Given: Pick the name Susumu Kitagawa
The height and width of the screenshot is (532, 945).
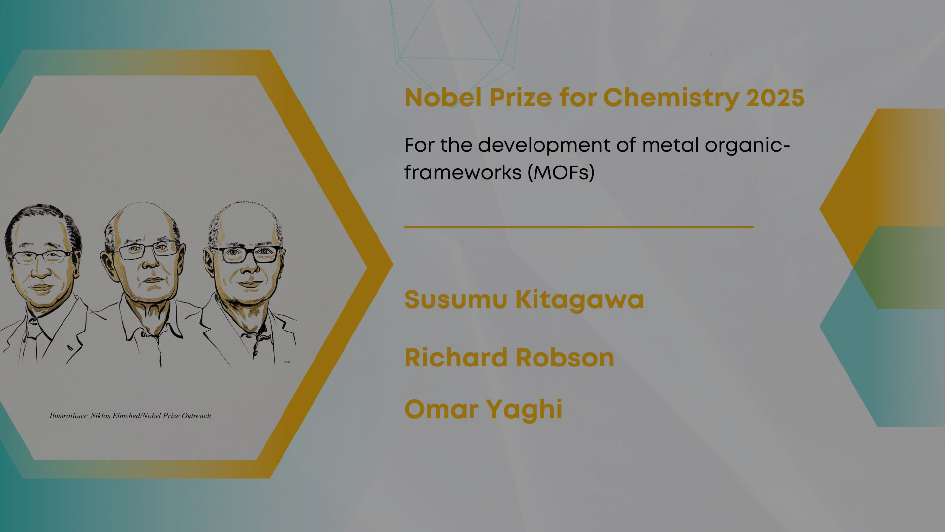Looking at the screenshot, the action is point(524,299).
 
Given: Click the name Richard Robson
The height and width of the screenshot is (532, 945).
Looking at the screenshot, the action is point(509,358).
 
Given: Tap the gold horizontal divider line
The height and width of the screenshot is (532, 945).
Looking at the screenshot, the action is point(579,227).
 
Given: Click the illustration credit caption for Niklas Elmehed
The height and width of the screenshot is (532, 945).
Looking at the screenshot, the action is point(130,416).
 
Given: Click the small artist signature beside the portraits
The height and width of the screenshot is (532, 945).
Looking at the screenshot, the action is point(287,362).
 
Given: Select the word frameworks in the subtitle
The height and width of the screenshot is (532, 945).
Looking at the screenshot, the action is point(462,172).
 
